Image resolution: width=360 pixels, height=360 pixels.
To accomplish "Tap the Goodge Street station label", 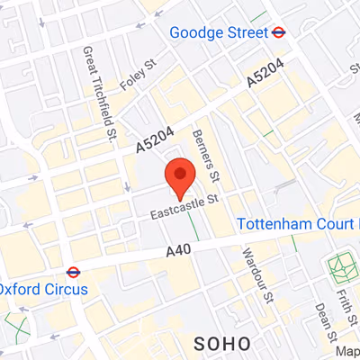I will tap(219, 32).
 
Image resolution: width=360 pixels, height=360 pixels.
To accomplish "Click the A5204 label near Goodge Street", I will tap(265, 72).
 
